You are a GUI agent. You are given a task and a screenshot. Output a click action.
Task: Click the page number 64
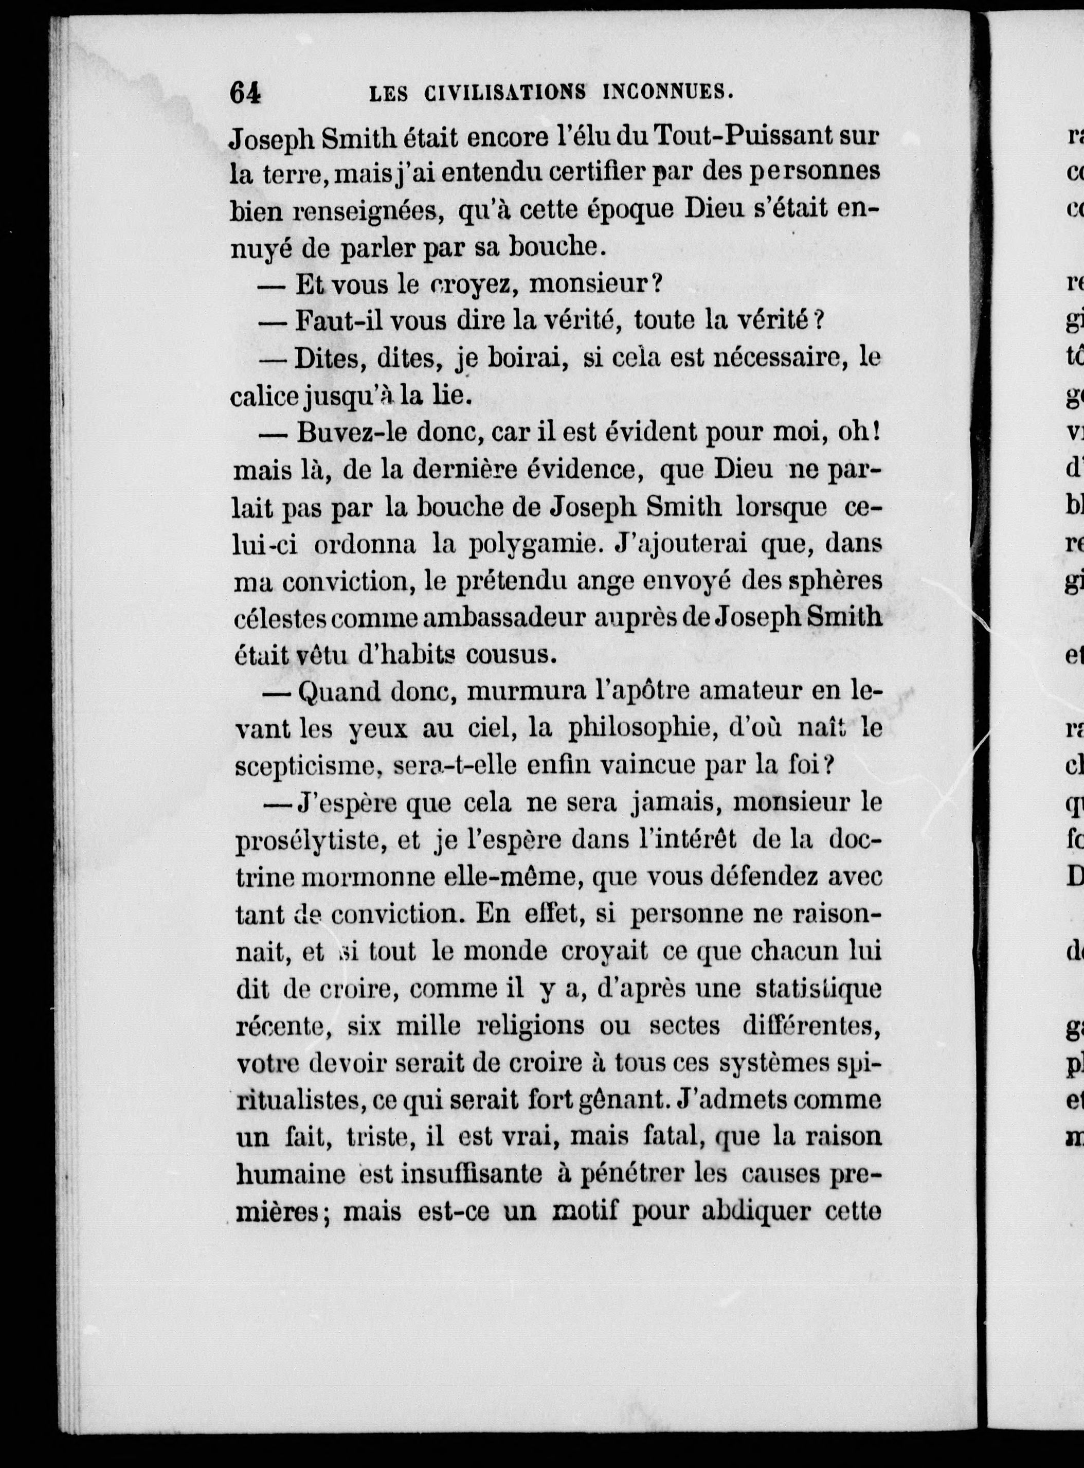point(245,93)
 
